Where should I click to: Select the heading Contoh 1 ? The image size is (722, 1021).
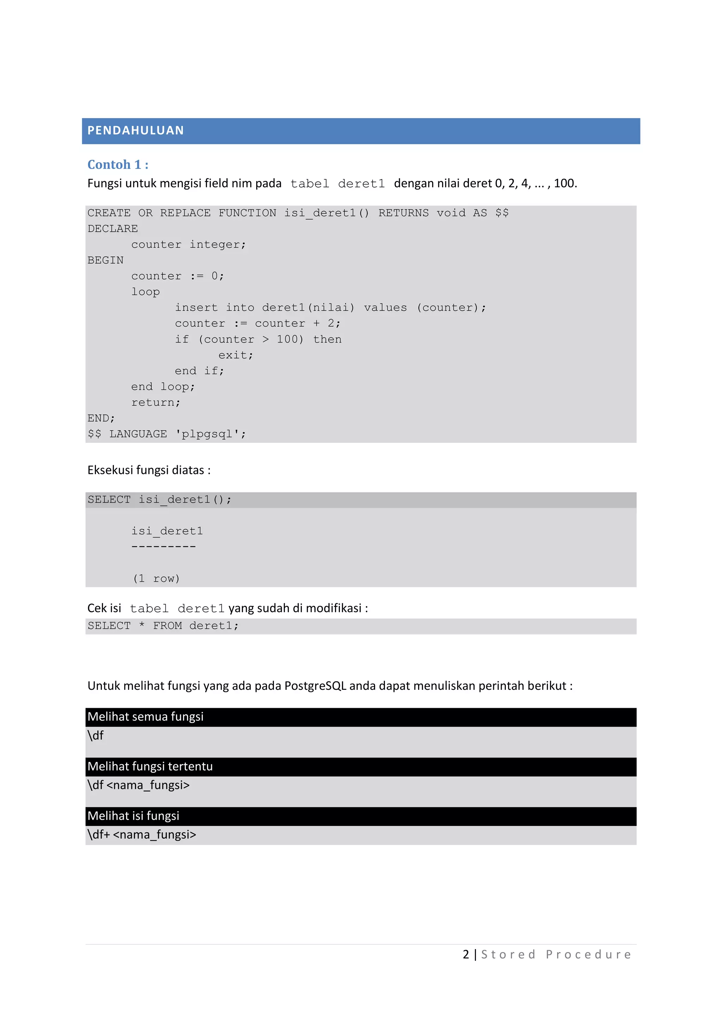click(118, 165)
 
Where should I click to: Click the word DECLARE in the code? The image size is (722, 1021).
click(112, 229)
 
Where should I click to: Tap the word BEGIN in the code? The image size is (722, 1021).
click(105, 260)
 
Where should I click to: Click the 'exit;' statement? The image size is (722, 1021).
click(235, 355)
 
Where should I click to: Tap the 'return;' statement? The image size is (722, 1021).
click(155, 402)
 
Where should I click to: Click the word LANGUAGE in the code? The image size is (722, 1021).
click(138, 434)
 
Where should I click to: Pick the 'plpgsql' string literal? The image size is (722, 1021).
click(211, 434)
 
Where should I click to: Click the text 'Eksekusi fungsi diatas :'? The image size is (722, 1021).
click(149, 470)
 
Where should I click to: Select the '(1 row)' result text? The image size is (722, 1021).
click(156, 578)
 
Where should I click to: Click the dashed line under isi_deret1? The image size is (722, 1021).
click(163, 546)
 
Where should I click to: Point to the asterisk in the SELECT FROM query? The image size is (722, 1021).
click(142, 625)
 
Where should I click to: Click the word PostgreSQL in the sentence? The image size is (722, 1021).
click(315, 686)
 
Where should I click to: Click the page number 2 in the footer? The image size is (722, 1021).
click(465, 954)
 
